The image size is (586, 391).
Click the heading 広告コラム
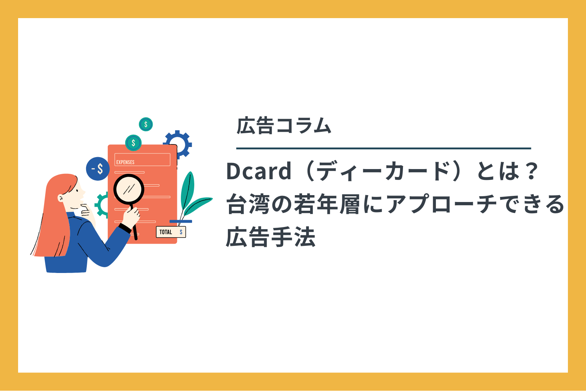tap(284, 126)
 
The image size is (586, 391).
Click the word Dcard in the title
tap(259, 171)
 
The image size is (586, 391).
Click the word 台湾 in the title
tap(248, 204)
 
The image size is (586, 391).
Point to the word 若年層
tap(327, 204)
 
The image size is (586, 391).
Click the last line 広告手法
tap(271, 237)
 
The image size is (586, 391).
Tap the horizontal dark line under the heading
tap(383, 148)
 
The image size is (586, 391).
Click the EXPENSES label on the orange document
tap(125, 162)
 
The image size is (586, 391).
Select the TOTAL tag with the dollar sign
tap(171, 232)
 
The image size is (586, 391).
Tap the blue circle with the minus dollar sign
tap(98, 169)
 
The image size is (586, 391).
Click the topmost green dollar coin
tap(146, 124)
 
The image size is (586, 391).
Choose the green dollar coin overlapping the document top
tap(133, 143)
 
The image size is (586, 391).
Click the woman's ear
tap(60, 198)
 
